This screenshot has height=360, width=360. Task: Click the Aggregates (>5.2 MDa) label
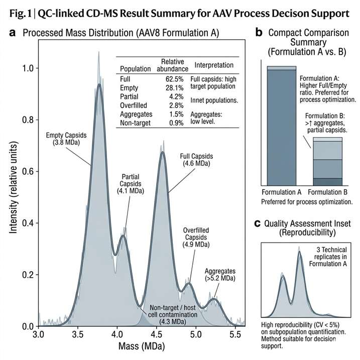[219, 274]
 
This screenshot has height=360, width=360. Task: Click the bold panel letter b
[259, 33]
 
